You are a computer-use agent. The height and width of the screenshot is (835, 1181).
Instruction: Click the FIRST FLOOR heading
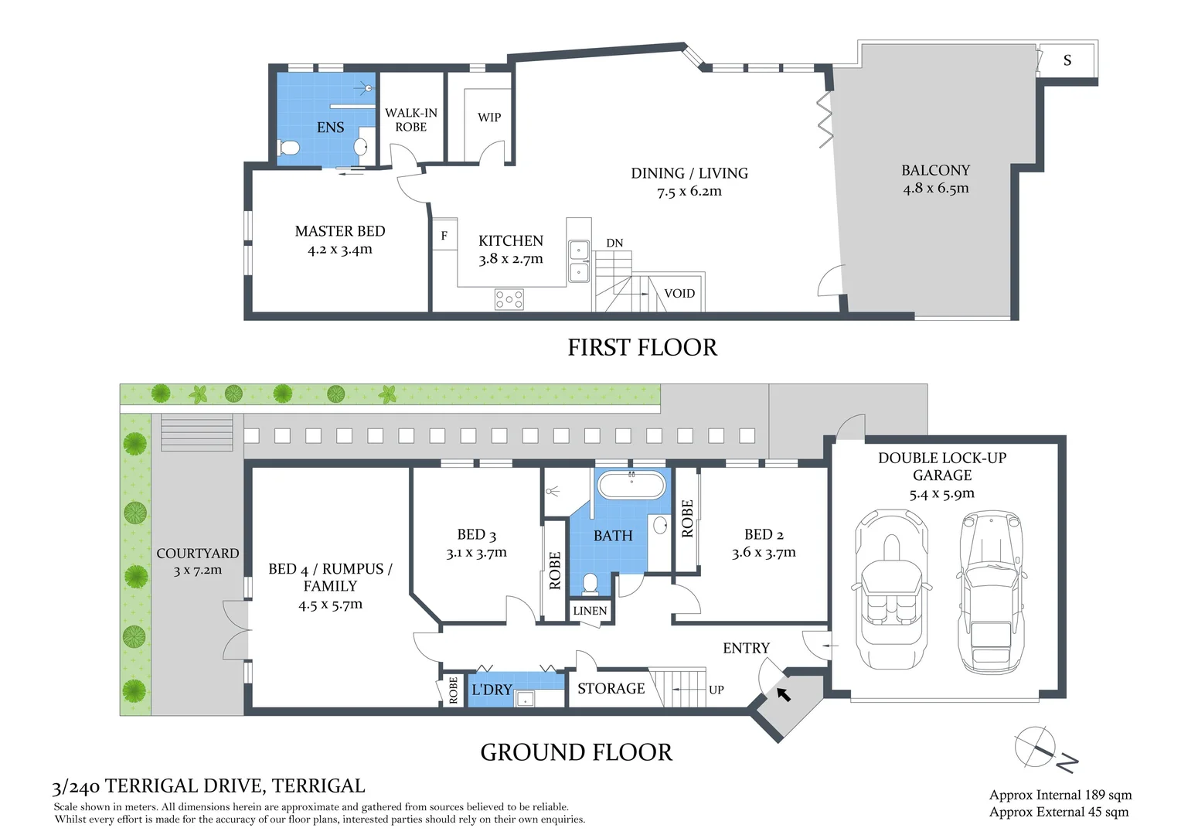[642, 348]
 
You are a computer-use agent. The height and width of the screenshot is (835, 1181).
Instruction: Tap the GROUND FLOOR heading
[576, 752]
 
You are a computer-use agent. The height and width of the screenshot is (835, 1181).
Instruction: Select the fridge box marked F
[444, 236]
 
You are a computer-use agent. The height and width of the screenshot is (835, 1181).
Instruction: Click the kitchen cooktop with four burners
[509, 299]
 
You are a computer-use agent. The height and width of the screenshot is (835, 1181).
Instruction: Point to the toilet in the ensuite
[289, 147]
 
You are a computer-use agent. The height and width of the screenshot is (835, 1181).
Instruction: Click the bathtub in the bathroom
[631, 486]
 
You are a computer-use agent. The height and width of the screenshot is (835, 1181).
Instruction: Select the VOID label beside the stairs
[679, 294]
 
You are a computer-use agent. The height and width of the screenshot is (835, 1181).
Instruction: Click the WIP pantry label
[489, 118]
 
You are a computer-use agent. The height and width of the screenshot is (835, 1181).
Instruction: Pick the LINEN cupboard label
[590, 611]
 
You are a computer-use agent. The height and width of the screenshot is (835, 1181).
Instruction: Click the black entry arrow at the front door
[784, 694]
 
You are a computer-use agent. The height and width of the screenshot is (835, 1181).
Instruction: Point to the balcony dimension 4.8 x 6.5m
[935, 188]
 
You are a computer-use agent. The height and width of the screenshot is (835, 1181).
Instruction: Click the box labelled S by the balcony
[1067, 60]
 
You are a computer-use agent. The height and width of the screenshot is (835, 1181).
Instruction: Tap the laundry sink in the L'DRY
[528, 698]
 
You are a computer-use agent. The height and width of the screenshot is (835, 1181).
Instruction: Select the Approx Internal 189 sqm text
[1060, 795]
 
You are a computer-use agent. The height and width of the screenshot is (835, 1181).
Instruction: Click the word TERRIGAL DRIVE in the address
[185, 786]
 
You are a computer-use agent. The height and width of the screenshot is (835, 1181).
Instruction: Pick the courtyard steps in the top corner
[196, 433]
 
